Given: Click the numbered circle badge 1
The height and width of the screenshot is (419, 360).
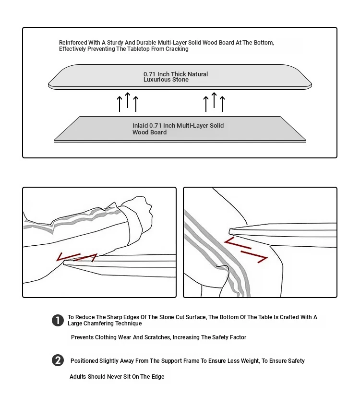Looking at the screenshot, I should pyautogui.click(x=58, y=320).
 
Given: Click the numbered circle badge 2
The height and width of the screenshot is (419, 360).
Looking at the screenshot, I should pyautogui.click(x=58, y=360).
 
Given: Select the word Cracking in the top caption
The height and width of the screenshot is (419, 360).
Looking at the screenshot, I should pyautogui.click(x=178, y=49).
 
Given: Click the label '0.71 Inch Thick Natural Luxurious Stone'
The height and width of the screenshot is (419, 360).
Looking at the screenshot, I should pyautogui.click(x=176, y=77).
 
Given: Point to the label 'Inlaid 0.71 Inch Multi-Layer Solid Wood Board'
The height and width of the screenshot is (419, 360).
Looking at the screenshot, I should pyautogui.click(x=178, y=129).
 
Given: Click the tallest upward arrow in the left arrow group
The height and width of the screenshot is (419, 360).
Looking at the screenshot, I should pyautogui.click(x=128, y=101).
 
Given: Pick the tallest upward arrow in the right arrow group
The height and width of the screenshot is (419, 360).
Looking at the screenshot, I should pyautogui.click(x=214, y=101).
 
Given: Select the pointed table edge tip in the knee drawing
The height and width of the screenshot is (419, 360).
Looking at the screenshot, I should pyautogui.click(x=232, y=229).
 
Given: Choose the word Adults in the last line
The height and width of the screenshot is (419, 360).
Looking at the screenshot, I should pyautogui.click(x=78, y=377).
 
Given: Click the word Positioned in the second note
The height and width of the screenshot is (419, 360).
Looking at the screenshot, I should pyautogui.click(x=84, y=361).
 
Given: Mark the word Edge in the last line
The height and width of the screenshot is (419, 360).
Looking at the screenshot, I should pyautogui.click(x=158, y=377).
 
